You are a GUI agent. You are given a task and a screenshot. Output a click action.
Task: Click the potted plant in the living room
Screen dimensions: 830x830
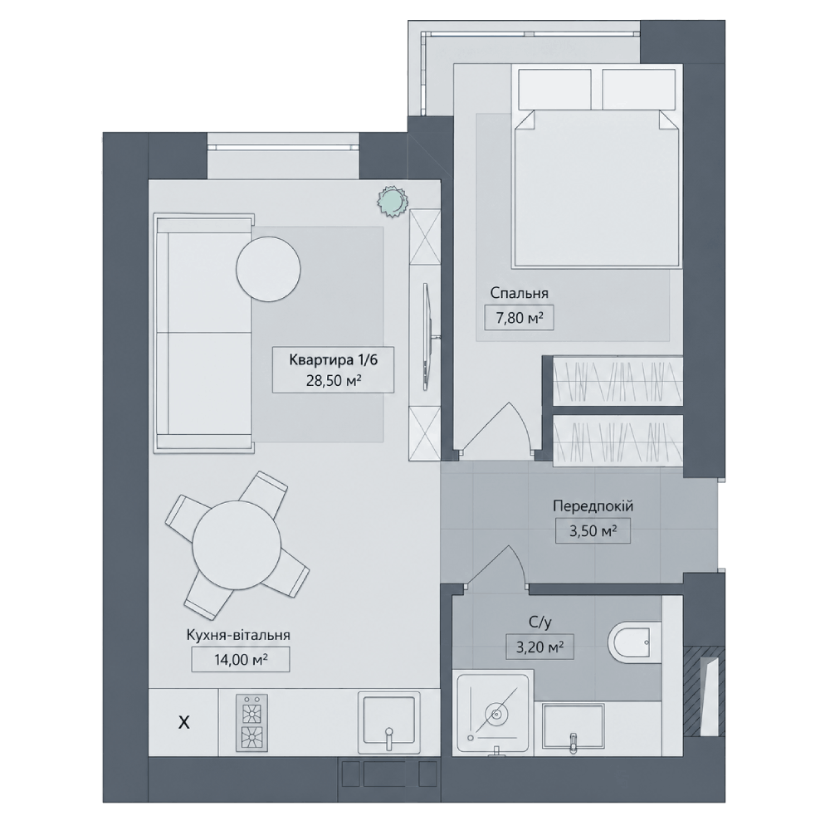pos(393,202)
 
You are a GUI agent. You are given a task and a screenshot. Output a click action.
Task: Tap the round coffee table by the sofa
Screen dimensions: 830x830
pos(268,269)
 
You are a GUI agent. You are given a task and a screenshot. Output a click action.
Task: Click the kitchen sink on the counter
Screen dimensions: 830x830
pos(389,722)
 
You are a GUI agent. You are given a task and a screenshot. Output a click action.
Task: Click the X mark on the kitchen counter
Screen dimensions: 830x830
pos(183,722)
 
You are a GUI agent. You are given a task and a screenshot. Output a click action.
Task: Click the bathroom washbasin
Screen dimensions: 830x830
pos(574,730)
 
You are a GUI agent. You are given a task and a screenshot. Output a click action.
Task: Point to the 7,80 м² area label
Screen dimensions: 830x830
pos(519,318)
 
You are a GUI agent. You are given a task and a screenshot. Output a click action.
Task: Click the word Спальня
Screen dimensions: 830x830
pos(519,293)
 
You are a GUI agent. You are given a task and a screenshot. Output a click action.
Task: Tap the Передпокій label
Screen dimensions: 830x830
pos(593,506)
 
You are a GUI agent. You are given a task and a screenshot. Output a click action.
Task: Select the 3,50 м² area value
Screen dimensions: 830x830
pos(593,531)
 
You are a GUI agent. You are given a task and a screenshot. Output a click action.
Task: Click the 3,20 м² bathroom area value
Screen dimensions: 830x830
pos(539,647)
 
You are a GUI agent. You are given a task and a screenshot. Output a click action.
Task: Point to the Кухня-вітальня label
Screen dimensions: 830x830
pos(238,635)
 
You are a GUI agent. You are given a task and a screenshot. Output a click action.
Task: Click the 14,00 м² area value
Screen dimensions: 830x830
pos(241,660)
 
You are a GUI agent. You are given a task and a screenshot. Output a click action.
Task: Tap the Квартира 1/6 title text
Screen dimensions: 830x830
pos(334,360)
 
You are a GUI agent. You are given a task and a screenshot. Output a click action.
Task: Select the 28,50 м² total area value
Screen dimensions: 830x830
pos(334,380)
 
